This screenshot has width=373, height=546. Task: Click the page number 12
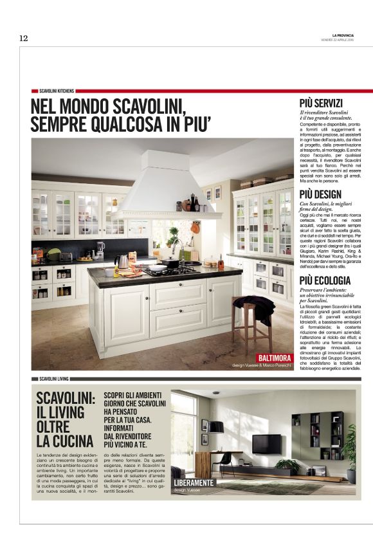(23, 39)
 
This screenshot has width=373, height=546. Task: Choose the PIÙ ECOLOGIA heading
(325, 280)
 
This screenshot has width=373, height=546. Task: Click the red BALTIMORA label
(275, 358)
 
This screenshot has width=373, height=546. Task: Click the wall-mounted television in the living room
(266, 444)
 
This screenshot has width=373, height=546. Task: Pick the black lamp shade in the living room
(216, 427)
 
